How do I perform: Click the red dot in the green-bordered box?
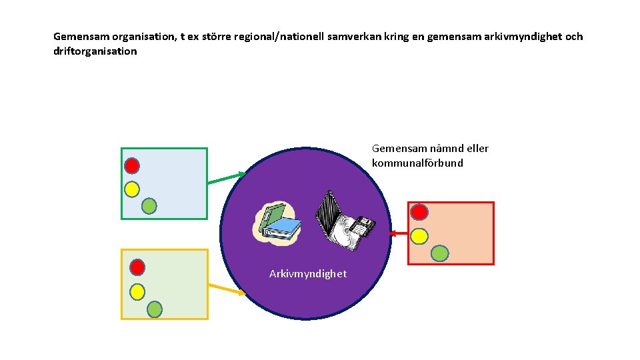click(x=132, y=165)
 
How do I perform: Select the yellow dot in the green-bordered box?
click(x=132, y=189)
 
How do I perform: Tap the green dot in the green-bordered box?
click(x=149, y=206)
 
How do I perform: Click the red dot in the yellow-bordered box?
click(x=137, y=267)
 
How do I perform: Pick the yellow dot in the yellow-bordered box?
click(x=137, y=291)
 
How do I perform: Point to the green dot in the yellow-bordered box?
click(x=154, y=309)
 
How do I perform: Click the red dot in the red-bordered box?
click(x=419, y=212)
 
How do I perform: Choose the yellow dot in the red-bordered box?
click(x=419, y=236)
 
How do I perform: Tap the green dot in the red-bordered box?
click(x=439, y=253)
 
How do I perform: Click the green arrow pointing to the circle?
click(x=227, y=178)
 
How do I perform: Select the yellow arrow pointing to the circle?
click(x=227, y=288)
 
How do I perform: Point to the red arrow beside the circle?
click(x=399, y=233)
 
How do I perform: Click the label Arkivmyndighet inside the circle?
click(x=308, y=274)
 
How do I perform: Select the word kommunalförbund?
click(x=417, y=163)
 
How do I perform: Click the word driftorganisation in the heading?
click(x=95, y=51)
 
